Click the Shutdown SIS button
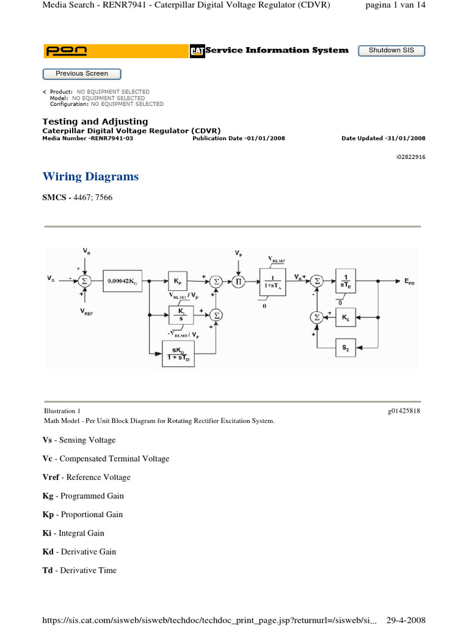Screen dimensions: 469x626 tap(391, 51)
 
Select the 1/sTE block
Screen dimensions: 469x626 tap(346, 280)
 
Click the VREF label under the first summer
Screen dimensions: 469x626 tap(86, 311)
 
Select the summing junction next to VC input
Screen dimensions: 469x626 tap(86, 281)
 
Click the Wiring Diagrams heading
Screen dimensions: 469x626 tap(90, 177)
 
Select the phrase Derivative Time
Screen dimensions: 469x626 tap(88, 570)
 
